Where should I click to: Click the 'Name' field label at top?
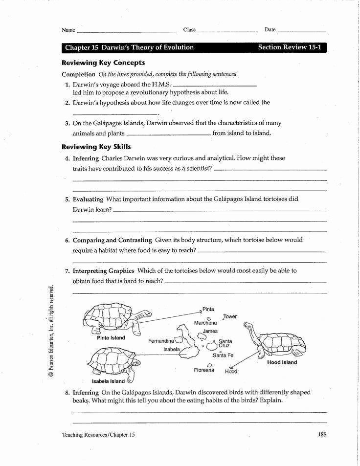coord(68,30)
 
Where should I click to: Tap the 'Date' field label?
coord(270,30)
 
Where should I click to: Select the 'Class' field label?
coord(189,30)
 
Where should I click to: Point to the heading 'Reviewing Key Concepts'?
coord(103,63)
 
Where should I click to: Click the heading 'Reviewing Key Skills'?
coord(96,147)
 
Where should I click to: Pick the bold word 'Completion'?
coord(78,74)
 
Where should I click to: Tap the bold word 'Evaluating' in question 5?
coord(88,200)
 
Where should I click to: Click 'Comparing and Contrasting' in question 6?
coord(112,240)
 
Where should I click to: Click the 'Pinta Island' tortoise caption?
coord(111,338)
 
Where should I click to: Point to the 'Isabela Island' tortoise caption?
coord(108,381)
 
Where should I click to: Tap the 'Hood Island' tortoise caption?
coord(282,363)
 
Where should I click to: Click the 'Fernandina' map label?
coord(161,340)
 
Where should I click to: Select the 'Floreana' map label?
coord(204,370)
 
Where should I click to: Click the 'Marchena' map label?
coord(205,323)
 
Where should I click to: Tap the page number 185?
coord(321,434)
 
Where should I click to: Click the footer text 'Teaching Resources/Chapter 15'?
coord(98,435)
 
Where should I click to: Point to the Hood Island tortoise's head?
coord(247,325)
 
